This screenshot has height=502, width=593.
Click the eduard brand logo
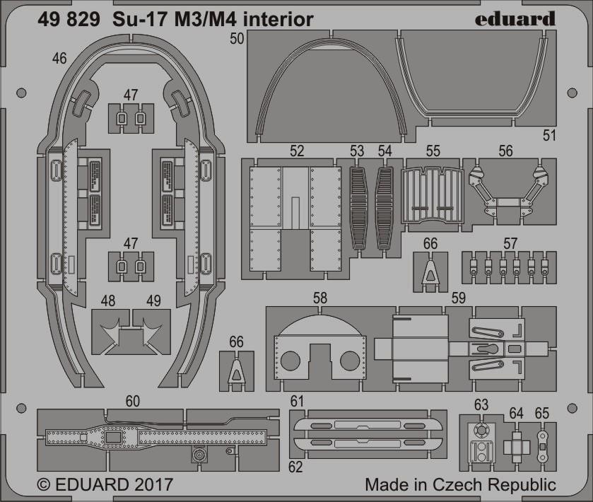point(515,19)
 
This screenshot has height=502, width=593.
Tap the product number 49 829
point(69,19)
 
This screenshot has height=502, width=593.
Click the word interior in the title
point(278,19)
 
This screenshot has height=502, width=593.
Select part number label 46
point(60,59)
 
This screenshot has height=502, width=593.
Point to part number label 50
point(237,39)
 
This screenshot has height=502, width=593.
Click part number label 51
point(549,136)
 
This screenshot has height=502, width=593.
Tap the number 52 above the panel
point(297,151)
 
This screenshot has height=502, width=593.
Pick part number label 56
point(505,151)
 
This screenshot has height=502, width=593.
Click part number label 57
point(510,244)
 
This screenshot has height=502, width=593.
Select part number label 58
point(320,298)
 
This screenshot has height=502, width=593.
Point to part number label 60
point(132,401)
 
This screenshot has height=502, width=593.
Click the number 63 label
point(481,404)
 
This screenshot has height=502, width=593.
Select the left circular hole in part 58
point(290,361)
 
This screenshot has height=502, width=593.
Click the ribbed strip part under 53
point(358,209)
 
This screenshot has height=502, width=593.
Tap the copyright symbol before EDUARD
point(45,484)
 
